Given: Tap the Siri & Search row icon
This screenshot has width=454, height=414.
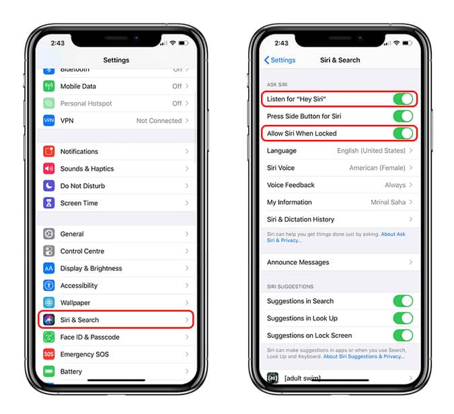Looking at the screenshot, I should [x=49, y=320].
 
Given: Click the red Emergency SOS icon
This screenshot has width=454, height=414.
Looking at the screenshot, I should [x=49, y=354].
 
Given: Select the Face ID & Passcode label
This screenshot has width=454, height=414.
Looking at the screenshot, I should [x=89, y=337].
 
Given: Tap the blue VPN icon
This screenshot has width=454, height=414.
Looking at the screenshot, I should [x=49, y=121].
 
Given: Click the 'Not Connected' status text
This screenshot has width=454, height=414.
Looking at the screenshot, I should [x=159, y=121].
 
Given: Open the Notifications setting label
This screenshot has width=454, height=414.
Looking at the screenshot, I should [x=79, y=152].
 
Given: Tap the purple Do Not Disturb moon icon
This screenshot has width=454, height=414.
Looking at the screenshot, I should [x=49, y=186].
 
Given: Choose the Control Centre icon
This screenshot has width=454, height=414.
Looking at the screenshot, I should [x=49, y=251].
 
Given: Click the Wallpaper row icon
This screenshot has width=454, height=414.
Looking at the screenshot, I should [x=49, y=303].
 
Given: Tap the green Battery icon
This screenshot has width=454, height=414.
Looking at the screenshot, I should [x=49, y=372].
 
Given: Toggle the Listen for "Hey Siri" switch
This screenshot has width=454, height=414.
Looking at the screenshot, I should [x=403, y=99].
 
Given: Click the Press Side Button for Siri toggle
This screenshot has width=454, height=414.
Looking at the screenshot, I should [x=403, y=116].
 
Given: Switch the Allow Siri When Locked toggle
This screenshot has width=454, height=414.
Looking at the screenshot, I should [x=403, y=134].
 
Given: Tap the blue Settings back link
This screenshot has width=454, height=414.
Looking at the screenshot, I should [x=280, y=60].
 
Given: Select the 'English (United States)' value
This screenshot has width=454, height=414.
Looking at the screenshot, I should [x=371, y=151].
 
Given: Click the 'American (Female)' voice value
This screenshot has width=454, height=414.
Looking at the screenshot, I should [x=377, y=168].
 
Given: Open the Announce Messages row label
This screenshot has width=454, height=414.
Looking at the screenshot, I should [x=298, y=263].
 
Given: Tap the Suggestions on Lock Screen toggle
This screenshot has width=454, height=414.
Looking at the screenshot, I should [x=403, y=335].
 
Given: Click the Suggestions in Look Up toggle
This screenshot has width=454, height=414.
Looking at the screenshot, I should [x=403, y=319].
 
